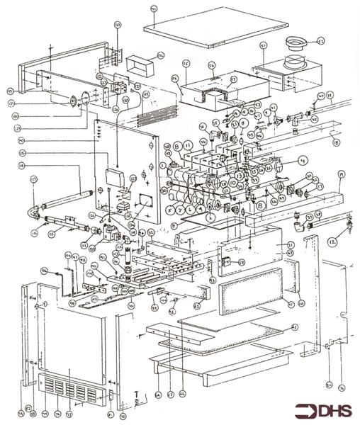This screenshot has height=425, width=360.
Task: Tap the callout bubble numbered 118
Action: [x=22, y=166]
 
